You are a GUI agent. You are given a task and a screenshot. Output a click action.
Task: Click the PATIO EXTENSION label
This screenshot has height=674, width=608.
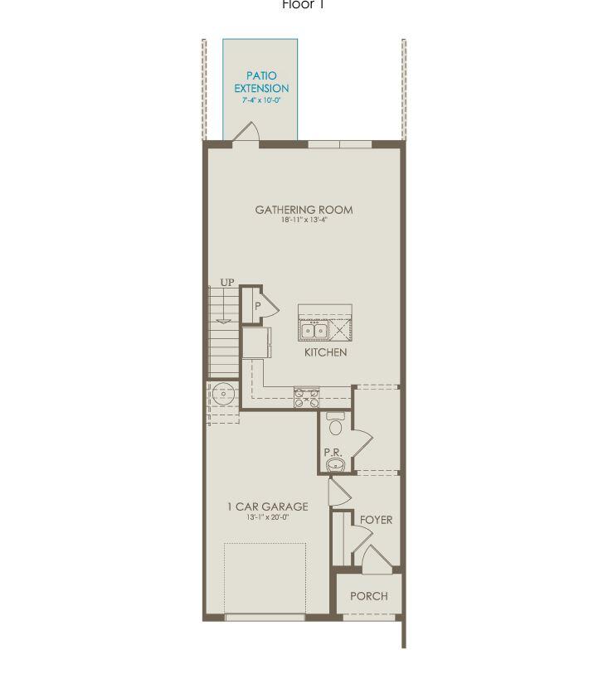[261, 82]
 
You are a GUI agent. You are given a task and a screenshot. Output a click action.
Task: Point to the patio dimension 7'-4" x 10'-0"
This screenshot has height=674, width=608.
[261, 99]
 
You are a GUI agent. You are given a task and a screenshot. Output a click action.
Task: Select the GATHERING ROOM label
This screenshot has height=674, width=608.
[304, 210]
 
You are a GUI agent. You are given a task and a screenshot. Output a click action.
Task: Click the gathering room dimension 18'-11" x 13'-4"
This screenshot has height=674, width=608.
[304, 221]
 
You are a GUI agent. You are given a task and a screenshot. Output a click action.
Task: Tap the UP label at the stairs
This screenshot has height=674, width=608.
[227, 284]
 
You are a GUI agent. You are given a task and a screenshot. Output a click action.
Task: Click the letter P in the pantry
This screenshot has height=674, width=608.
[258, 306]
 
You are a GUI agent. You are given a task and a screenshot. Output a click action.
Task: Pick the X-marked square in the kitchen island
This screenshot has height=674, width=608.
[340, 330]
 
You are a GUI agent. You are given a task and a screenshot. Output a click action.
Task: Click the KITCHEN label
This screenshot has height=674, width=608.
[325, 352]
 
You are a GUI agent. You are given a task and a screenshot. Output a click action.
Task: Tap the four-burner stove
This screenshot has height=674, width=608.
[307, 397]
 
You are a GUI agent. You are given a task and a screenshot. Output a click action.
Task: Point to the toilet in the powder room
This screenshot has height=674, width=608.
[336, 424]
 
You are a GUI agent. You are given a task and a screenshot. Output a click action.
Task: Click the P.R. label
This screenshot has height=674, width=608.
[333, 453]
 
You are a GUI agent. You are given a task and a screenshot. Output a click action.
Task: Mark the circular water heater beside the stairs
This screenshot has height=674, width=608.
[221, 393]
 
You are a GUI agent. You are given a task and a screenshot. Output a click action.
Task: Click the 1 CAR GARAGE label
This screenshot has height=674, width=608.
[267, 507]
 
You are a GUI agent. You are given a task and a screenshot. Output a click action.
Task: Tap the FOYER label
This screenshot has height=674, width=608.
[376, 520]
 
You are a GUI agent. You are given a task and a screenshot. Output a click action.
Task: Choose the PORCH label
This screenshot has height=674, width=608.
[368, 596]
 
